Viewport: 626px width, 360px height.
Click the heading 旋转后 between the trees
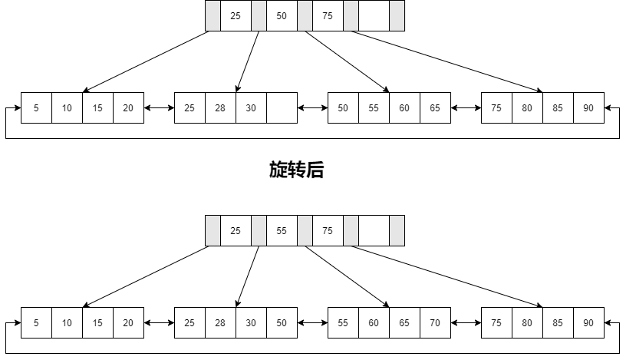[296, 170]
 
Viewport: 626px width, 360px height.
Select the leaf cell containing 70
[435, 323]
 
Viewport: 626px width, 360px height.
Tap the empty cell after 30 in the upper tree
[282, 108]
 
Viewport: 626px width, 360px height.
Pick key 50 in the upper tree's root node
[282, 15]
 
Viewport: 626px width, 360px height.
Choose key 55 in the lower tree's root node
[282, 230]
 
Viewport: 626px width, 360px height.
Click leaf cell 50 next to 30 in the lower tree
[282, 323]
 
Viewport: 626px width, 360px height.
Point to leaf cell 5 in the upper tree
[36, 108]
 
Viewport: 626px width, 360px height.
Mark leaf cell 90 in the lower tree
[588, 323]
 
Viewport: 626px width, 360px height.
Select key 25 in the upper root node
[236, 15]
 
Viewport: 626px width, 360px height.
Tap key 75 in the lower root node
[328, 230]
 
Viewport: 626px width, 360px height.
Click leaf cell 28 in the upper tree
[220, 108]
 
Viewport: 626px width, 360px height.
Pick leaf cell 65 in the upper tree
[435, 108]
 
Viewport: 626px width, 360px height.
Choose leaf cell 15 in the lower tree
[97, 323]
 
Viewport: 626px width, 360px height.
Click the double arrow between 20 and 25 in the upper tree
[159, 108]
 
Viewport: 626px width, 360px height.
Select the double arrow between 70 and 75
[466, 323]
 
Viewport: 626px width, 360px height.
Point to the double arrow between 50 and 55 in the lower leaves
[312, 323]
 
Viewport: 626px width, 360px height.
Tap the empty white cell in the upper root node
[374, 15]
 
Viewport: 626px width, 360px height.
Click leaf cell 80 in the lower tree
[527, 323]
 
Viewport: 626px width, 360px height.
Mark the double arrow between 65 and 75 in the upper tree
[466, 108]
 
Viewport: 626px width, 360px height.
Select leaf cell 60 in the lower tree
[374, 323]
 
